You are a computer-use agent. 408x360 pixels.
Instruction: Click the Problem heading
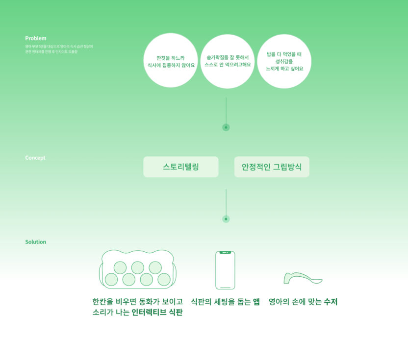[36, 38]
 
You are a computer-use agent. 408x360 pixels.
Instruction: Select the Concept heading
[35, 158]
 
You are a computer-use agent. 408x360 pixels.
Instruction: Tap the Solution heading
[36, 242]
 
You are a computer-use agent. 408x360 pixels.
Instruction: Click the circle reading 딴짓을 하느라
[171, 61]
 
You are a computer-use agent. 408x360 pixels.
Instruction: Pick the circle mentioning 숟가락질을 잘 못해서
[228, 61]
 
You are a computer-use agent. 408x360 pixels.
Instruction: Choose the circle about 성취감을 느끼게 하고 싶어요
[284, 61]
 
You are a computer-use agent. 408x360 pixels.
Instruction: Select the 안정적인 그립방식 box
[272, 167]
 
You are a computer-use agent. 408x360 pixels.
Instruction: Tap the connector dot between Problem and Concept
[226, 127]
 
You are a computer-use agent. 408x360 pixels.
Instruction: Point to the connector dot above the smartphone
[226, 219]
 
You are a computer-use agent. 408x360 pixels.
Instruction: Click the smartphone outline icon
[225, 270]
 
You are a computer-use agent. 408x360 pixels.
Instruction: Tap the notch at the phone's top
[225, 253]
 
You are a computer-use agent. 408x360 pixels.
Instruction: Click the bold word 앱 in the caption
[256, 302]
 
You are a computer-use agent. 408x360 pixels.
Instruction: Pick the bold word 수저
[331, 302]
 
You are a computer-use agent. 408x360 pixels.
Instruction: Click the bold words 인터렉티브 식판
[157, 312]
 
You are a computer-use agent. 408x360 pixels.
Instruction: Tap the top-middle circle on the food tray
[138, 267]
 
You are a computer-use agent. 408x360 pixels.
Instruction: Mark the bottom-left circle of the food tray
[111, 280]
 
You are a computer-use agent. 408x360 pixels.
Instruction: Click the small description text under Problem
[59, 49]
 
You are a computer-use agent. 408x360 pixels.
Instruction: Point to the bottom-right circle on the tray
[164, 280]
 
